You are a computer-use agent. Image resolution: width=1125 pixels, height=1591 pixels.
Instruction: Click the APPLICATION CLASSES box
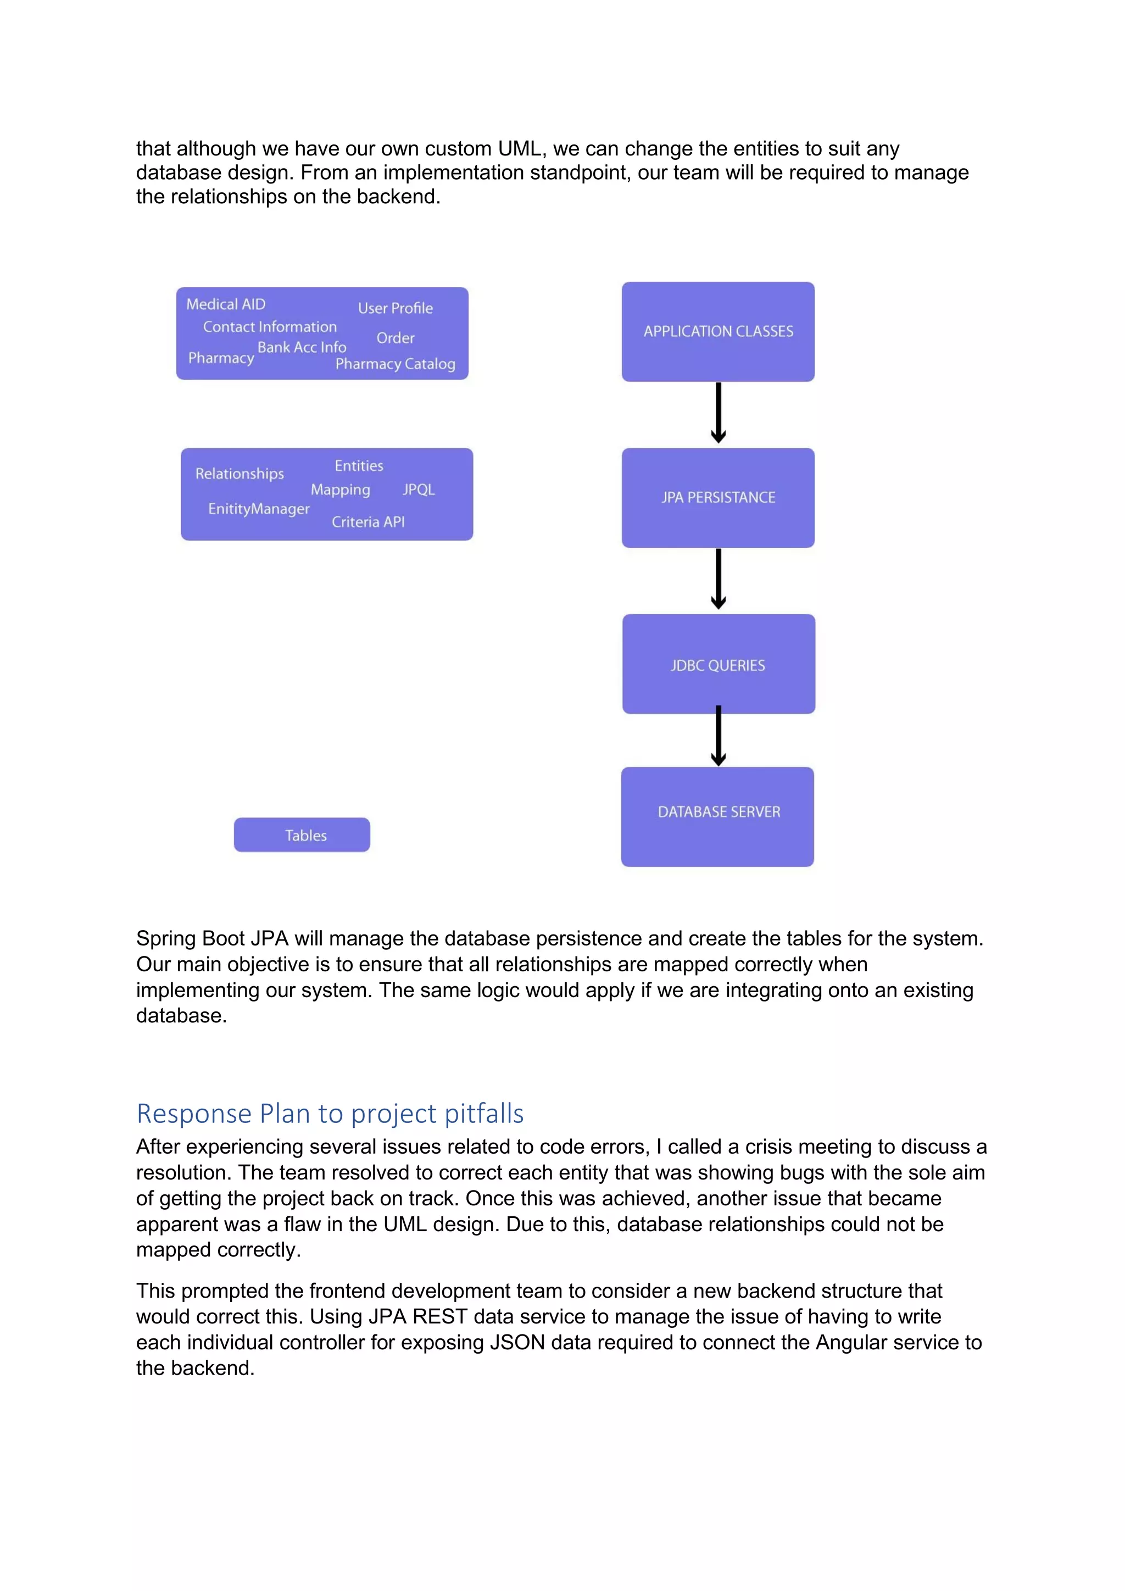[717, 331]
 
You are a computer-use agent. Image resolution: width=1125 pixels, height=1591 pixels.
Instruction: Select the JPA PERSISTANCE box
[717, 498]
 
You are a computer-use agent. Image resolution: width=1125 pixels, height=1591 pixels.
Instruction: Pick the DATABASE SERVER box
[717, 816]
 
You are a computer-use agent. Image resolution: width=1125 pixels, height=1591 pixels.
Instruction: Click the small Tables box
[302, 835]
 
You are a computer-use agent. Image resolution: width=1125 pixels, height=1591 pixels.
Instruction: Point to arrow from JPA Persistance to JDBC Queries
[719, 579]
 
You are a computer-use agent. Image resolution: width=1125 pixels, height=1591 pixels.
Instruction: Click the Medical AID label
[226, 304]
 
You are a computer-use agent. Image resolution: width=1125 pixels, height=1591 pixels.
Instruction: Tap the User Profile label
[395, 308]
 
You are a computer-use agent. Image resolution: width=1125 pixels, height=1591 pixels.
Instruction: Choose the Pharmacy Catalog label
[395, 364]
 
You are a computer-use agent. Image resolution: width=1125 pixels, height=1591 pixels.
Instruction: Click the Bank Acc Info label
[302, 347]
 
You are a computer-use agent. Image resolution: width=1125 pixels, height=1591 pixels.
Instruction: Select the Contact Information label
[270, 326]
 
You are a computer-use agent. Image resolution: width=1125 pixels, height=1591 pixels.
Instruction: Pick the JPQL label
[419, 489]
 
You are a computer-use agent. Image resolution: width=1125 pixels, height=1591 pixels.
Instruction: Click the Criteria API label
[368, 522]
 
